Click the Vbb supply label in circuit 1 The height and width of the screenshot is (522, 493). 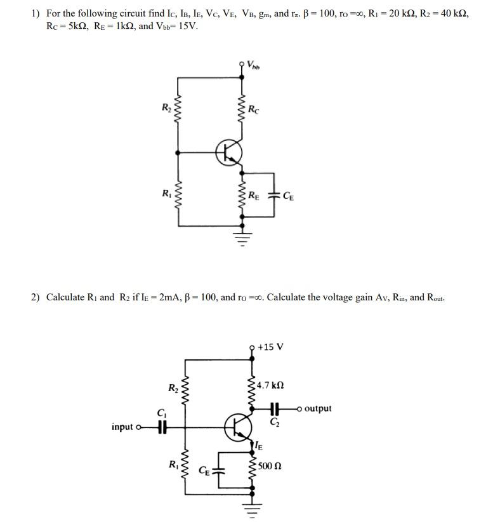click(254, 64)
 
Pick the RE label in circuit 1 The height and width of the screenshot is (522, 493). click(254, 195)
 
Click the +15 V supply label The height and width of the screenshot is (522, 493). click(270, 347)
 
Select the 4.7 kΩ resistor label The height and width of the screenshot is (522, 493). click(271, 385)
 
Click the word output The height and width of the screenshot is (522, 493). click(317, 408)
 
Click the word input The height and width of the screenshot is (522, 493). click(122, 427)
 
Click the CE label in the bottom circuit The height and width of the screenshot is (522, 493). click(204, 471)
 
